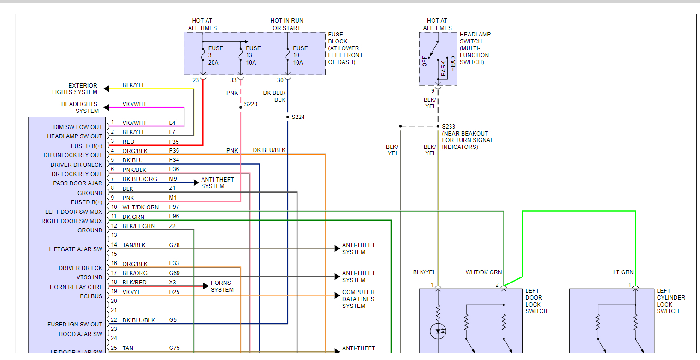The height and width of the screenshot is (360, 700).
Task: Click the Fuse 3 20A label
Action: click(215, 55)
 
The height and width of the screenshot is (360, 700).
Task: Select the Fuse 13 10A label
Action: click(253, 55)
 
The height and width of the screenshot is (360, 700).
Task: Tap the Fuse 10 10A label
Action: click(300, 55)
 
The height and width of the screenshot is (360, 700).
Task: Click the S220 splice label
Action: click(251, 104)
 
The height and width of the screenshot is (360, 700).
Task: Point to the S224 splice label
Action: click(298, 117)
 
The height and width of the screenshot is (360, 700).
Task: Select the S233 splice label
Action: click(448, 126)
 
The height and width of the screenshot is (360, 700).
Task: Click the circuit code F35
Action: click(174, 142)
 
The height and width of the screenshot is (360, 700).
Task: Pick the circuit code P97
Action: click(174, 207)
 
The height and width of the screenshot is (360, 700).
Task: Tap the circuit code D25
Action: click(174, 292)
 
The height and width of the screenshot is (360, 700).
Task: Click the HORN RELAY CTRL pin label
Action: click(76, 287)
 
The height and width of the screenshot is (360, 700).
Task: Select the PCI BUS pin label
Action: click(91, 296)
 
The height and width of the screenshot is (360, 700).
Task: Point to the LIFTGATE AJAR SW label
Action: click(76, 249)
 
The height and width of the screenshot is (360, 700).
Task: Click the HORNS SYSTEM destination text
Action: click(222, 286)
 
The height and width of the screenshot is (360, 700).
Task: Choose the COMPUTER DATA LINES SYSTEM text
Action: click(358, 299)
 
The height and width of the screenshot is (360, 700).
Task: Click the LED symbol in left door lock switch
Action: click(438, 331)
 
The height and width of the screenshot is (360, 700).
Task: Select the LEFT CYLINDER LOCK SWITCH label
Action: click(670, 301)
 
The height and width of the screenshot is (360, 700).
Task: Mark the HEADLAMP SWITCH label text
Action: click(475, 48)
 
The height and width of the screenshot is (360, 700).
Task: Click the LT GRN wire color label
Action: click(623, 272)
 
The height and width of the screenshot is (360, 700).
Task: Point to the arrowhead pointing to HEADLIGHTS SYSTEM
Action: click(107, 107)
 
